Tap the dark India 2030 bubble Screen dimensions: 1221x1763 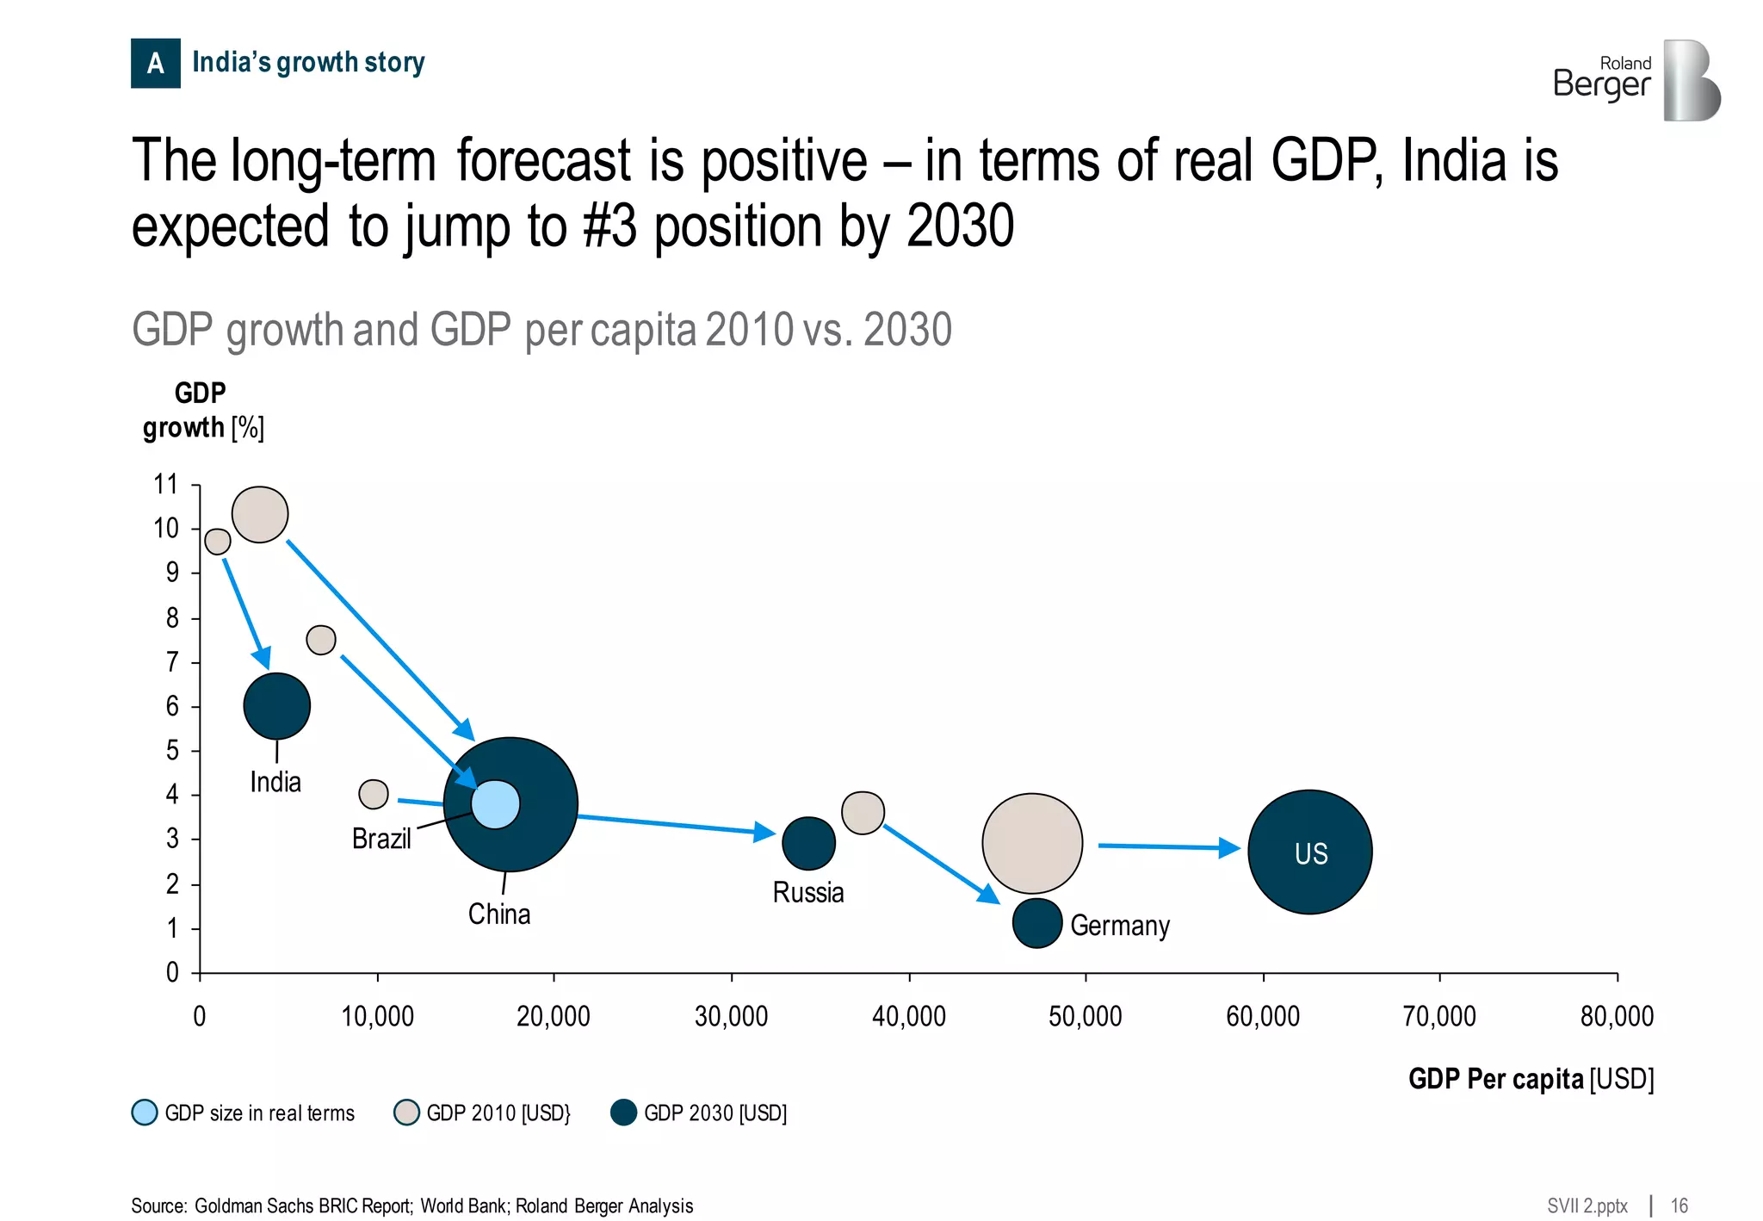(x=276, y=705)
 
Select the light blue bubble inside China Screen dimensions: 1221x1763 (x=496, y=803)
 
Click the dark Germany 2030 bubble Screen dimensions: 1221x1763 (x=1036, y=922)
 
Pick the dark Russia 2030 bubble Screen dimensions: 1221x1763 (x=807, y=843)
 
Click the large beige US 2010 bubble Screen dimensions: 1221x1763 (x=1031, y=842)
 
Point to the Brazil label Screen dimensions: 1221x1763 (x=381, y=839)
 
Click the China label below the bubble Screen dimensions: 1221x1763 (x=498, y=914)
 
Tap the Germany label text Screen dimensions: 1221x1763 (x=1119, y=926)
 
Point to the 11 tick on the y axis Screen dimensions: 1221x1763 (x=166, y=485)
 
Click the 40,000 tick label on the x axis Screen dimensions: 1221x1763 (x=908, y=1017)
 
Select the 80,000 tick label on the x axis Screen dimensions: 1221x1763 (x=1616, y=1017)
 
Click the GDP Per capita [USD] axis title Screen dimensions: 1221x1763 (x=1531, y=1079)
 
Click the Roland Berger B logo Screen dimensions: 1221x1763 (x=1690, y=80)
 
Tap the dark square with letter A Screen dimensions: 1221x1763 (x=156, y=63)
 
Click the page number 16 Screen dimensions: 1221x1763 (x=1679, y=1206)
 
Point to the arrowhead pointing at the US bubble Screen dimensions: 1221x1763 (x=1229, y=848)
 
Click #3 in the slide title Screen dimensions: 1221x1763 (x=609, y=226)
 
